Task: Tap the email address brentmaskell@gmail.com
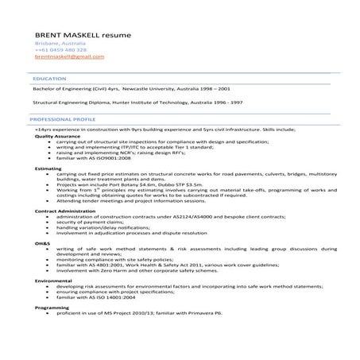69,57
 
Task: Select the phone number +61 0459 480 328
60,51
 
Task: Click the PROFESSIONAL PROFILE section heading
60,118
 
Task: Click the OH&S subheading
42,242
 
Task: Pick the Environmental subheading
52,281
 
